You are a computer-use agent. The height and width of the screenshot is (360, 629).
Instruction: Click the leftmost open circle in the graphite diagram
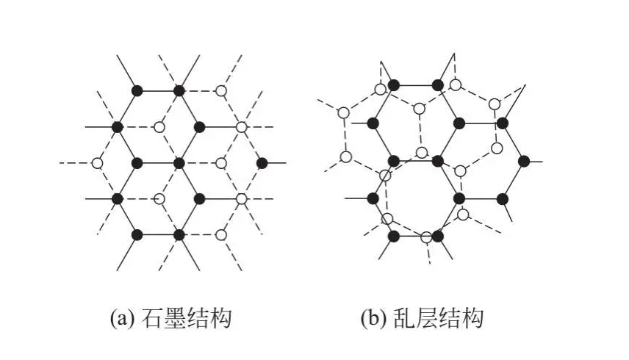(x=96, y=162)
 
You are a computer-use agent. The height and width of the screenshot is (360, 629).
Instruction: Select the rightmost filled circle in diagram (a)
(x=262, y=162)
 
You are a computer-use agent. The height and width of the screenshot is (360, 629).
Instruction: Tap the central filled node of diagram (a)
(x=179, y=162)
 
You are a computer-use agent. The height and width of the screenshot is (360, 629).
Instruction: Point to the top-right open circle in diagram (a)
(x=220, y=90)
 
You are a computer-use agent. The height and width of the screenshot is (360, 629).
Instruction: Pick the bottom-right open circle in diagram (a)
(x=220, y=235)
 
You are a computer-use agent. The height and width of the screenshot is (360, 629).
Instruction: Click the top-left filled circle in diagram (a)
(x=137, y=90)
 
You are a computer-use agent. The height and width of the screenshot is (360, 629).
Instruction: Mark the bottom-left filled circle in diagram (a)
(x=137, y=235)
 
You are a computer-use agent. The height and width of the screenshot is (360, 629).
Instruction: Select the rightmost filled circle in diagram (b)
(x=523, y=160)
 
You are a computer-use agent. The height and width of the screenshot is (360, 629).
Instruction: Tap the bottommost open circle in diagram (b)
(x=426, y=237)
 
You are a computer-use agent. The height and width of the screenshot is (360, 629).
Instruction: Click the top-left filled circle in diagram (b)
(x=394, y=85)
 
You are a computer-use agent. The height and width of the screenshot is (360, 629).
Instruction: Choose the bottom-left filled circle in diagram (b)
(x=394, y=236)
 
